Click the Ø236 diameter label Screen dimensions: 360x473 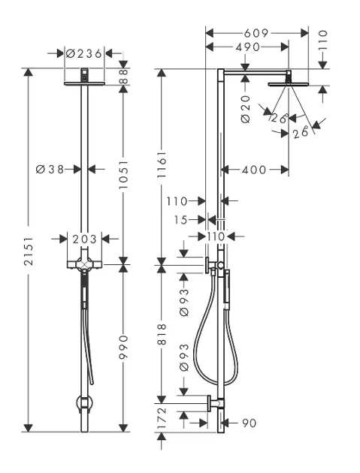click(x=84, y=54)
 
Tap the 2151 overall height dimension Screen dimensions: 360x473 click(x=29, y=251)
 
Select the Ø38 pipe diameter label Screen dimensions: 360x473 click(x=50, y=170)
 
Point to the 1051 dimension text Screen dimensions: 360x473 click(x=123, y=175)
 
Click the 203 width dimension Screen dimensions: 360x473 click(x=84, y=240)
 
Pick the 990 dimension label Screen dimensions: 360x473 click(x=123, y=347)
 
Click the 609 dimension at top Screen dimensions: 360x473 click(x=256, y=33)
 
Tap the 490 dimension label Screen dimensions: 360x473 click(x=248, y=47)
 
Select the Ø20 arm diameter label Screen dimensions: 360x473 click(x=246, y=109)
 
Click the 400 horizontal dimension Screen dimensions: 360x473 click(x=254, y=170)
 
